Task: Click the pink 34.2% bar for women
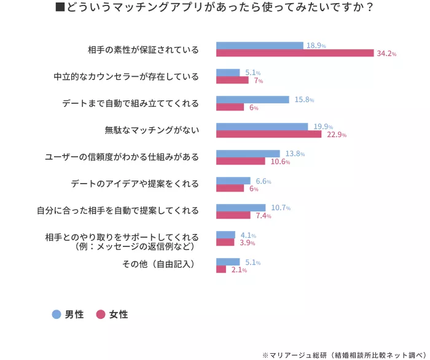(x=295, y=53)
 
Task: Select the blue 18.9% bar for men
(x=259, y=45)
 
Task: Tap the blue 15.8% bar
(x=252, y=100)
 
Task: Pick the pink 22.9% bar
(x=268, y=135)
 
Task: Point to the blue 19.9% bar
(x=262, y=127)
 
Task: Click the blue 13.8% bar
(x=248, y=154)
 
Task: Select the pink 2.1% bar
(x=221, y=270)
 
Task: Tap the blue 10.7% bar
(x=241, y=208)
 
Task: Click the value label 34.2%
(x=386, y=54)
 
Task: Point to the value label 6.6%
(x=263, y=181)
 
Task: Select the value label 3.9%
(x=247, y=243)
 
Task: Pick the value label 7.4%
(x=264, y=216)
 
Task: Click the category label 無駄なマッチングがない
(x=152, y=130)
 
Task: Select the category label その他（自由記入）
(x=158, y=265)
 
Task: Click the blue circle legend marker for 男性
(x=57, y=314)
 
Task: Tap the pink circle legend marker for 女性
(x=101, y=314)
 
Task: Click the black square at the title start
(x=60, y=9)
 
